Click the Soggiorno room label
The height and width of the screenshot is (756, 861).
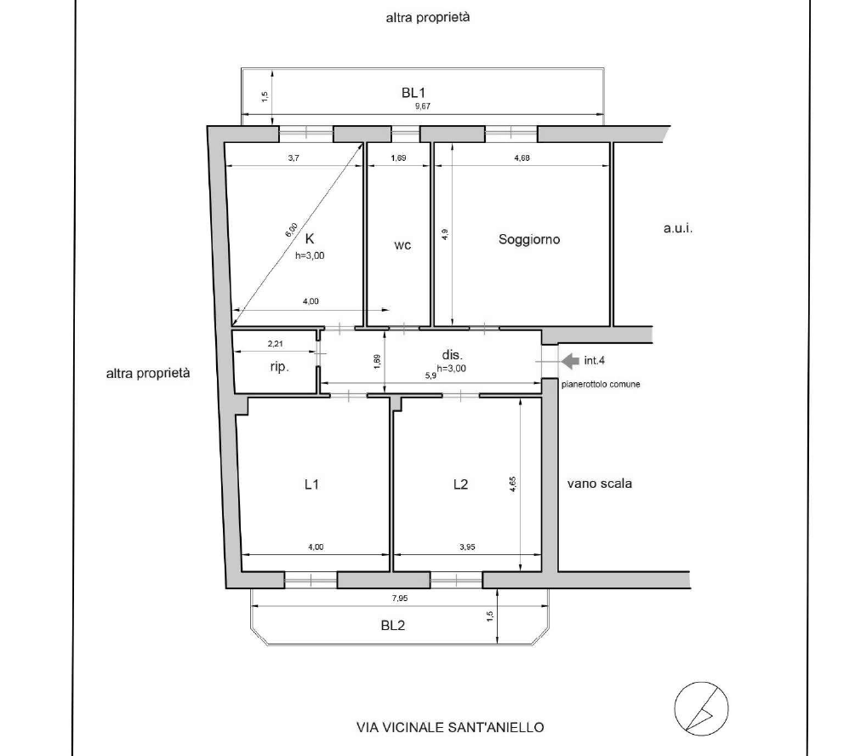tap(529, 239)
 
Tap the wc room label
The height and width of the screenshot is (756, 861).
tap(402, 245)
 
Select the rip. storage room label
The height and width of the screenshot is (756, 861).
tap(280, 367)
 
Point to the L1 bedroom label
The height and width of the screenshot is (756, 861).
tap(311, 484)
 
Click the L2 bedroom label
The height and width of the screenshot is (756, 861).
tap(460, 484)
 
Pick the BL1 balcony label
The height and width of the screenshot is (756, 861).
tap(413, 93)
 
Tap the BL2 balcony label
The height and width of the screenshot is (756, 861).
tap(392, 625)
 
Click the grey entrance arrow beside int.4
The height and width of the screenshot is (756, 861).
tap(571, 360)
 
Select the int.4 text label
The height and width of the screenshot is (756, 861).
tap(594, 360)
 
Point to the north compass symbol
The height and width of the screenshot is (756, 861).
tap(701, 708)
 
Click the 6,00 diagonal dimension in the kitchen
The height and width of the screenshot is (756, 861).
tap(292, 230)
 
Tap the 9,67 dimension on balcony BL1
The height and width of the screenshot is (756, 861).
tap(422, 106)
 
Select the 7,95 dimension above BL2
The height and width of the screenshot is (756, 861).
tap(400, 598)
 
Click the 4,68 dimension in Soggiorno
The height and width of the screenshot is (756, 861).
tap(522, 158)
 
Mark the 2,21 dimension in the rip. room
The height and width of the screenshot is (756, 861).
tap(275, 344)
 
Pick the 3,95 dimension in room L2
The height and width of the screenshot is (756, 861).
tap(467, 547)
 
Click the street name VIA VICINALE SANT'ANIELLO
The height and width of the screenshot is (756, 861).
tap(450, 727)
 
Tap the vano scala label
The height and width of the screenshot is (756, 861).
tap(599, 484)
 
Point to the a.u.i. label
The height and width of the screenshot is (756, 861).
tap(678, 228)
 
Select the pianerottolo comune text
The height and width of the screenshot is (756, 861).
tap(601, 385)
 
